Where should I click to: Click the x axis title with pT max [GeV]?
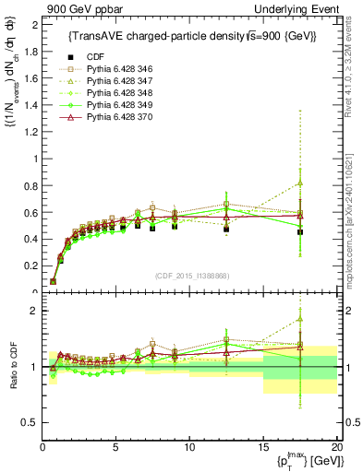(x=300, y=460)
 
